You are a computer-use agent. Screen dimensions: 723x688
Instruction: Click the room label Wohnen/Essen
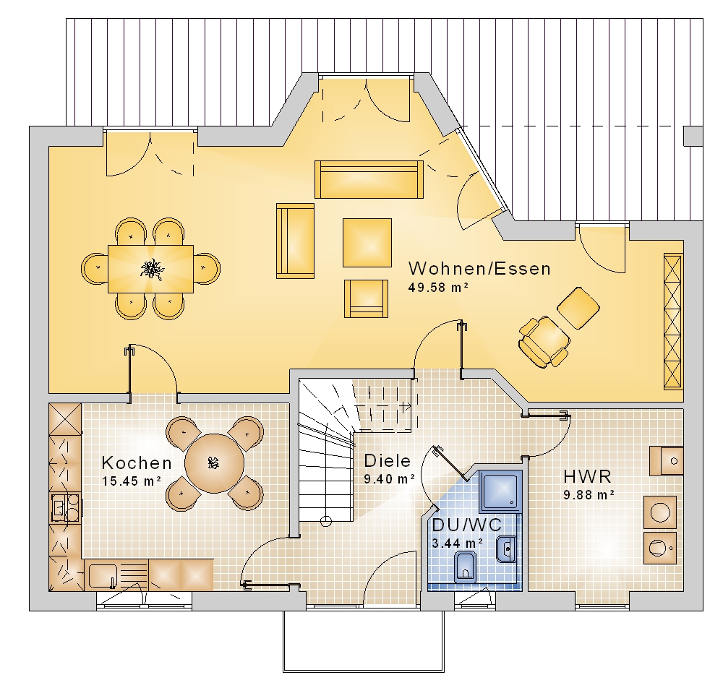tap(479, 268)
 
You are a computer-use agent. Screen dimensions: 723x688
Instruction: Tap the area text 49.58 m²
tap(439, 288)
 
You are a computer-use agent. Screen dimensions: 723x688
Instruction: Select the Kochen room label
tap(137, 463)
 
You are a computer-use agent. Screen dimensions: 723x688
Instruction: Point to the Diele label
tap(388, 460)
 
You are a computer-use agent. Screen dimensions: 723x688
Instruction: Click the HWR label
tap(587, 476)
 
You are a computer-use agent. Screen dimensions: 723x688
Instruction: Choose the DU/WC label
tap(466, 525)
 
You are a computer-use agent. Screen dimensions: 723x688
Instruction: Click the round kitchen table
tap(215, 463)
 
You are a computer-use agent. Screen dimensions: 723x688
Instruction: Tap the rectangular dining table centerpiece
tap(152, 269)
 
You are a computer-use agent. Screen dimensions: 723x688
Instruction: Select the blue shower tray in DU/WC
tap(500, 491)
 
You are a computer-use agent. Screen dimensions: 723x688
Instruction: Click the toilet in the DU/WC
tap(464, 567)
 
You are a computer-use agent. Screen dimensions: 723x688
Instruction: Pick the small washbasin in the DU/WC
tap(506, 549)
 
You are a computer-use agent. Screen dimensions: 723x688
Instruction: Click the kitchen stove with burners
tap(66, 507)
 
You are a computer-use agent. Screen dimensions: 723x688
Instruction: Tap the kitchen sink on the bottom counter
tap(102, 575)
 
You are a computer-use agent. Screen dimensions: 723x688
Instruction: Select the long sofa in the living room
tap(369, 179)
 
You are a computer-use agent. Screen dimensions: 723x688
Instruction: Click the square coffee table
tap(367, 243)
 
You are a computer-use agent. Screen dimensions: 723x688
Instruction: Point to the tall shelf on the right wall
tap(672, 321)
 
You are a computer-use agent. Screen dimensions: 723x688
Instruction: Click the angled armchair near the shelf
tap(544, 341)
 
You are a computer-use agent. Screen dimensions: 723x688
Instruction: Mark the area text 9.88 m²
tap(589, 495)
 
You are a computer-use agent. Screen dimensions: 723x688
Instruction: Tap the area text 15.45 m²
tap(132, 481)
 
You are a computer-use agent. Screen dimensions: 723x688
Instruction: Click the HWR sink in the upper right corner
tap(667, 461)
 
